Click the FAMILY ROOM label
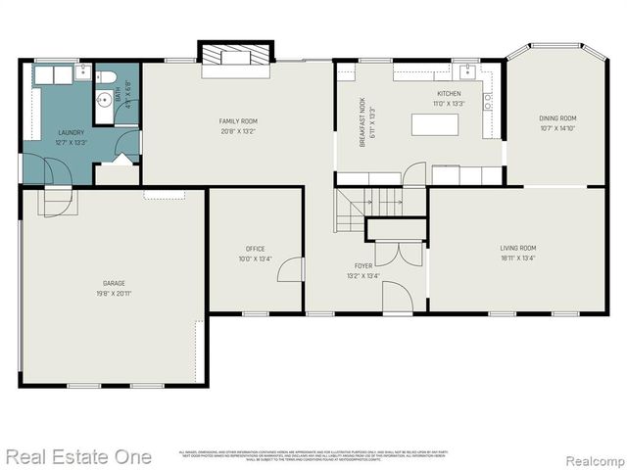tap(237, 120)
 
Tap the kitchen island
tap(433, 124)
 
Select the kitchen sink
tap(468, 72)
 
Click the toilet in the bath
tap(108, 77)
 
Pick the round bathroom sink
tap(104, 99)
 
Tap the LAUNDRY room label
tap(72, 132)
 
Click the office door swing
tap(291, 269)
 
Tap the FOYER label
tap(363, 265)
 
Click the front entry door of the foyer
tap(397, 297)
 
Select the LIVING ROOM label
tap(518, 249)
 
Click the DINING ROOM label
tap(556, 118)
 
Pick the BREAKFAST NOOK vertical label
tap(362, 122)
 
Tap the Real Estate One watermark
tap(78, 456)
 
